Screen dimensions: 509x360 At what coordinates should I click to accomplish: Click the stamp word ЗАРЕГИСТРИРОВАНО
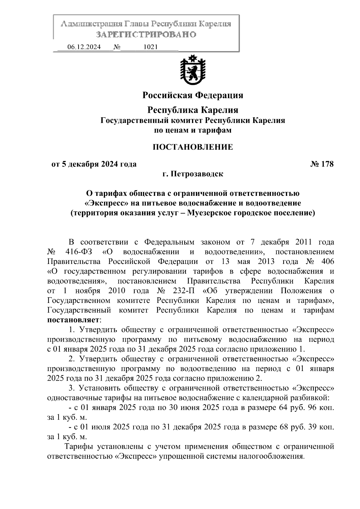146,34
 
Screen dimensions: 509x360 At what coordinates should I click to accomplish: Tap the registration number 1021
151,47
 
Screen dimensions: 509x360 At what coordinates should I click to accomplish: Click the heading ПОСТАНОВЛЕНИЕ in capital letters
193,147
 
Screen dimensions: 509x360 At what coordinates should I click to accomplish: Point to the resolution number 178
327,164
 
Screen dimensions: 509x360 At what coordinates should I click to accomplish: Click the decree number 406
327,261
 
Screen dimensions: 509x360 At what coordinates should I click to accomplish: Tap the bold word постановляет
73,320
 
